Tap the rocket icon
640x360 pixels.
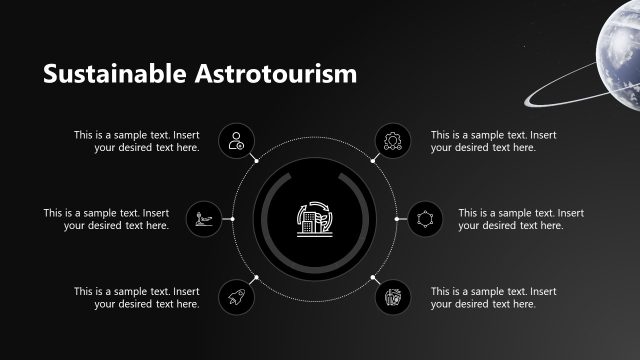pyautogui.click(x=236, y=297)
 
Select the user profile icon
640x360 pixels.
pyautogui.click(x=236, y=141)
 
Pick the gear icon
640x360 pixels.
pyautogui.click(x=391, y=141)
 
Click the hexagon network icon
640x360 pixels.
pyautogui.click(x=425, y=219)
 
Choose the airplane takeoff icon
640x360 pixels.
pyautogui.click(x=203, y=219)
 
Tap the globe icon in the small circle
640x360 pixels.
pyautogui.click(x=391, y=297)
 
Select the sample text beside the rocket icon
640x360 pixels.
pyautogui.click(x=136, y=298)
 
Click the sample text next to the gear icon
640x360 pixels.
pyautogui.click(x=493, y=141)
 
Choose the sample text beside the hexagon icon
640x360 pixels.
pyautogui.click(x=521, y=219)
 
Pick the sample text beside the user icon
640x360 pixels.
pyautogui.click(x=136, y=141)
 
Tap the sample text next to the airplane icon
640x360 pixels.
pyautogui.click(x=106, y=219)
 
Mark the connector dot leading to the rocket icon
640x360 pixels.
pyautogui.click(x=256, y=277)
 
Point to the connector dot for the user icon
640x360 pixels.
pyautogui.click(x=256, y=160)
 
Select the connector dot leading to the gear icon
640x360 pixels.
pyautogui.click(x=372, y=160)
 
